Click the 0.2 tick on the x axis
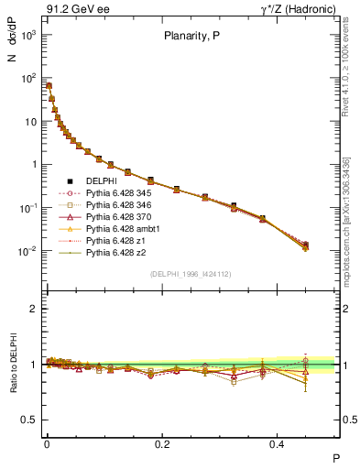163,442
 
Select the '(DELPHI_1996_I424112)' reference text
190,274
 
